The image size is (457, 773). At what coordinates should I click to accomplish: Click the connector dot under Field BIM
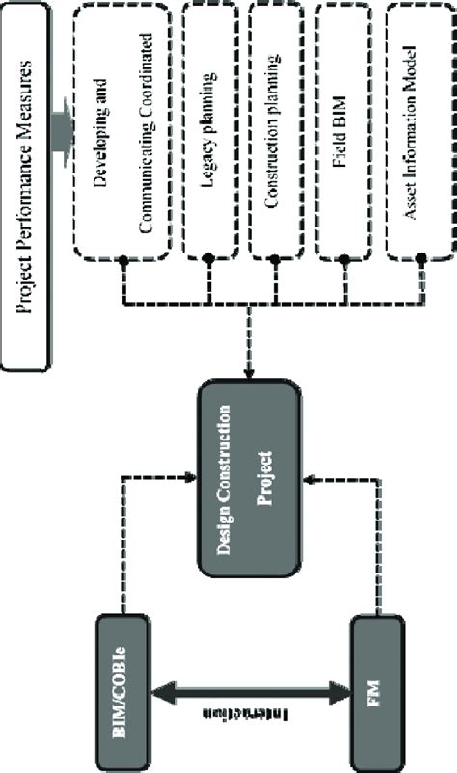(344, 258)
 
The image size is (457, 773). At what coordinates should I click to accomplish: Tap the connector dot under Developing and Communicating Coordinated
(124, 258)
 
